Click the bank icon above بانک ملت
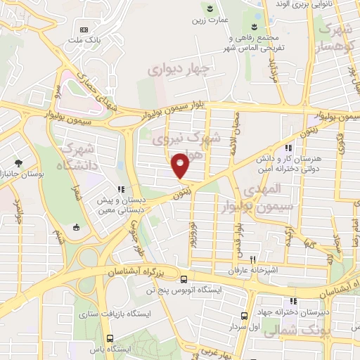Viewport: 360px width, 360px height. (85, 30)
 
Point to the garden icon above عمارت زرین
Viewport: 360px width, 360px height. (209, 8)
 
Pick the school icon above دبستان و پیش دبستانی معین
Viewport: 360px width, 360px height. (120, 189)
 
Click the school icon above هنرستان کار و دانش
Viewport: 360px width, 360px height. (288, 148)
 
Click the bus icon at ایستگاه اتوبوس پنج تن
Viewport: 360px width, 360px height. (184, 278)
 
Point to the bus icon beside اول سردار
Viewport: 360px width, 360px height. (244, 316)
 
